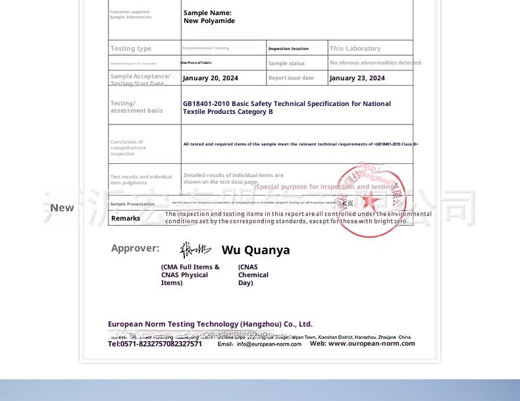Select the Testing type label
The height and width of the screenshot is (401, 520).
[x=131, y=49]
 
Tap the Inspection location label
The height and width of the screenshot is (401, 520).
[x=288, y=49]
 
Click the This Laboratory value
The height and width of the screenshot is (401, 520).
[x=355, y=49]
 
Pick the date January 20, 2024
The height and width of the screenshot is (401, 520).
[x=211, y=78]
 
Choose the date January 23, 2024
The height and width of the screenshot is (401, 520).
[x=357, y=78]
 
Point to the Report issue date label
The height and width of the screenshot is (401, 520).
[x=291, y=78]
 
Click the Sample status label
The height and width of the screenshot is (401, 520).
[x=286, y=63]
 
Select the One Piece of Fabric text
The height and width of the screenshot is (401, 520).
[x=196, y=63]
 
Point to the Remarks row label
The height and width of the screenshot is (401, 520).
[x=126, y=219]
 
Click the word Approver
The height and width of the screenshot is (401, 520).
[x=135, y=248]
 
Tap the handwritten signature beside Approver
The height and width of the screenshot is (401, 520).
[x=195, y=249]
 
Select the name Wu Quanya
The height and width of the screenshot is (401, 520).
[x=255, y=250]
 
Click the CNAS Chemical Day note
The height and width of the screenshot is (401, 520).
[x=253, y=275]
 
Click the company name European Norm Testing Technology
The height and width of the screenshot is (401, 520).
[x=210, y=324]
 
